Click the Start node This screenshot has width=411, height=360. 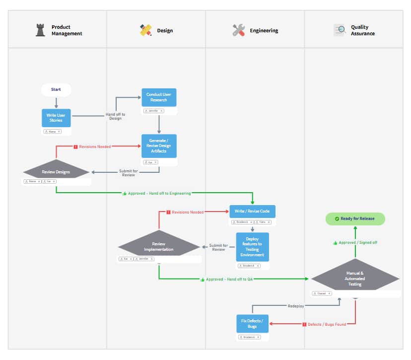pyautogui.click(x=56, y=90)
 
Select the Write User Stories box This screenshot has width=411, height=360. pyautogui.click(x=56, y=118)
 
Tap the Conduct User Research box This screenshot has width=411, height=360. pyautogui.click(x=159, y=97)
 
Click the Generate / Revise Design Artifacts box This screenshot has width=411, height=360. pyautogui.click(x=159, y=146)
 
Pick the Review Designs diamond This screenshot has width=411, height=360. pyautogui.click(x=56, y=172)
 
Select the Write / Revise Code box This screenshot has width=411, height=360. pyautogui.click(x=252, y=212)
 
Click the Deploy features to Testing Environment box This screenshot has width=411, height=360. pyautogui.click(x=252, y=247)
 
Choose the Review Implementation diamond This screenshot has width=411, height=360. pyautogui.click(x=159, y=247)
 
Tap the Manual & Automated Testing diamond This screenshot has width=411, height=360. pyautogui.click(x=355, y=279)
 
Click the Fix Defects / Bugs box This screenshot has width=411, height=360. pyautogui.click(x=252, y=324)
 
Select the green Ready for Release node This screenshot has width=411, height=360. pyautogui.click(x=355, y=218)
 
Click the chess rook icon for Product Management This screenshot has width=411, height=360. pyautogui.click(x=40, y=30)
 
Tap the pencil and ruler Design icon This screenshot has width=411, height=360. pyautogui.click(x=145, y=30)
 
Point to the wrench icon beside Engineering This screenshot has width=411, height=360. pyautogui.click(x=239, y=30)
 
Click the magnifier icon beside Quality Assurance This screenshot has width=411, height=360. pyautogui.click(x=340, y=30)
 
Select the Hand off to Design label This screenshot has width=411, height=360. pyautogui.click(x=115, y=117)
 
